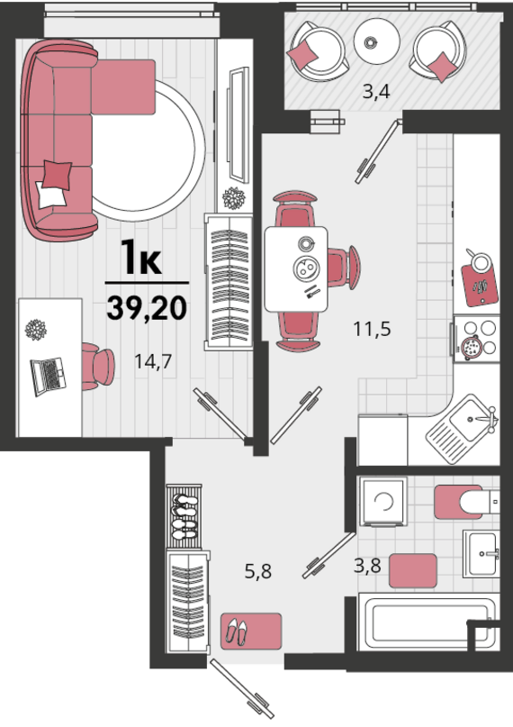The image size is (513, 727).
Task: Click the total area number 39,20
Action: [x=147, y=308]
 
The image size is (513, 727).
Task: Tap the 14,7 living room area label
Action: [x=153, y=360]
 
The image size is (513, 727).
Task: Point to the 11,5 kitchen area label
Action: [x=372, y=329]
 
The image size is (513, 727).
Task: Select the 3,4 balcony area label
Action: [x=376, y=92]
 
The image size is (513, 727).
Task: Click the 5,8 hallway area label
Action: [x=258, y=571]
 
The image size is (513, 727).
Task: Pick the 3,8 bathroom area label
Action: [x=367, y=565]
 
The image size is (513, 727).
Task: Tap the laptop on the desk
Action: [x=49, y=376]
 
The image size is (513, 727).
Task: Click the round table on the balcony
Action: [x=376, y=41]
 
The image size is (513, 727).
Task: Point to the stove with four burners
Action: [x=477, y=338]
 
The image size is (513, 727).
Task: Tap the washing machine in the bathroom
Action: [x=383, y=502]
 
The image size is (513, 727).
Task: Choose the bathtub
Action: [x=428, y=624]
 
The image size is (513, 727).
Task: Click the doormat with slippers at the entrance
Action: [x=251, y=631]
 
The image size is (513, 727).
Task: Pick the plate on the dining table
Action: [x=306, y=268]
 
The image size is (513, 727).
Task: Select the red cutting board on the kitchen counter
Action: [x=481, y=285]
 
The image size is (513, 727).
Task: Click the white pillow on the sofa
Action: [x=50, y=195]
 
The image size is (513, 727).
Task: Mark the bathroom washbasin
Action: [x=481, y=554]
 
